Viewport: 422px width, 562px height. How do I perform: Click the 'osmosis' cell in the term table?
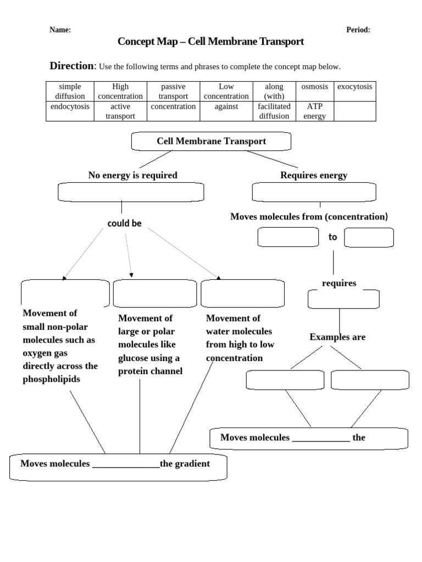(314, 87)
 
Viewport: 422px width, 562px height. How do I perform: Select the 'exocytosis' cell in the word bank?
(354, 87)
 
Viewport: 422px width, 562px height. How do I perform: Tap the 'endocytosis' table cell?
(70, 106)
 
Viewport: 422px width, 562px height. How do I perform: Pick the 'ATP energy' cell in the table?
(314, 111)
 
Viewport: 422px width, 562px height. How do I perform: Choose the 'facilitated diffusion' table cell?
(274, 111)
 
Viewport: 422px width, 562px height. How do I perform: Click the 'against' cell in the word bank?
(226, 106)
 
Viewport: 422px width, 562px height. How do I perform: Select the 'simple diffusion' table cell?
(70, 91)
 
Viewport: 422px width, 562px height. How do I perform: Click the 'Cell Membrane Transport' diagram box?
(211, 142)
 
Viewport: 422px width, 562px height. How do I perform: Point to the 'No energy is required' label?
(132, 175)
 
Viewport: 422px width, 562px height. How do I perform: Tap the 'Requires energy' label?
(314, 175)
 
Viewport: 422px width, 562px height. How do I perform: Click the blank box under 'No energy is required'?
(131, 192)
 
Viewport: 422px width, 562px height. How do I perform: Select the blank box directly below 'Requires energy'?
(314, 192)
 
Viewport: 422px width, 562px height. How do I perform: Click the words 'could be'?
(124, 223)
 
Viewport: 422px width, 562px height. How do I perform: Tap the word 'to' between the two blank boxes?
(332, 237)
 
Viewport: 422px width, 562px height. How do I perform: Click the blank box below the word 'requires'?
(343, 300)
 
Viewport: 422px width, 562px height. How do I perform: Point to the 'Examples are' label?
(337, 337)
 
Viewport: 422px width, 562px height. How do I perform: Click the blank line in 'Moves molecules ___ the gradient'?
(126, 464)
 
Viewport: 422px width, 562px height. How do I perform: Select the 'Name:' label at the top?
(60, 30)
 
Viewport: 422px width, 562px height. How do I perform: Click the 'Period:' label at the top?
(358, 30)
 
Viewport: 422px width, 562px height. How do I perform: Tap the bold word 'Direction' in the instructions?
(72, 66)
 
